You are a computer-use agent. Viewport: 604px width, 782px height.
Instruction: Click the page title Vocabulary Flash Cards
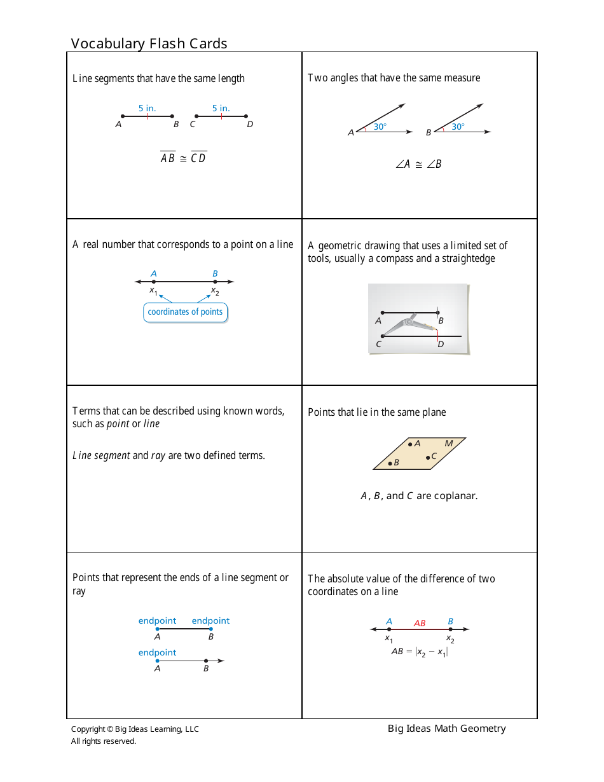point(149,43)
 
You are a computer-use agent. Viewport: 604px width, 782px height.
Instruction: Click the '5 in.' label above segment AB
point(147,108)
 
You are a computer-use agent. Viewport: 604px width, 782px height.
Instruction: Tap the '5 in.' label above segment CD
point(221,108)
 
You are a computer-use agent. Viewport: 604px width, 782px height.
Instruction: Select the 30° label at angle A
point(380,127)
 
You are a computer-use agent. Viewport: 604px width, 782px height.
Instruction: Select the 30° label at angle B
point(458,127)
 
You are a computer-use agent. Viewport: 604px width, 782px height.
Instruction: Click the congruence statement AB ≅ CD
point(183,158)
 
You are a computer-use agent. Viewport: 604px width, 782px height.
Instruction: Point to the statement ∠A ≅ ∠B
point(418,164)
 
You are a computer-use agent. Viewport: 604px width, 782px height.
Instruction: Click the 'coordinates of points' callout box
point(185,312)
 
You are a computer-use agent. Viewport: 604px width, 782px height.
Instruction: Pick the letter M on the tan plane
point(448,444)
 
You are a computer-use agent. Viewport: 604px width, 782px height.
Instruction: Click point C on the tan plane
point(429,457)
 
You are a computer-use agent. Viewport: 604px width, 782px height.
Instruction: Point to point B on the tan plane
point(390,463)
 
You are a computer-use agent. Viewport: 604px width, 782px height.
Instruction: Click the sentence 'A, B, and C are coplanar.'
point(419,496)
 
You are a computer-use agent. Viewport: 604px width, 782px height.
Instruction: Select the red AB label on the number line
point(420,623)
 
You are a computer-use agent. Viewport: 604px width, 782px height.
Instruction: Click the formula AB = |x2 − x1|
point(419,652)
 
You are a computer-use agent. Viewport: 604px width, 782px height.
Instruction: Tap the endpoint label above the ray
point(157,652)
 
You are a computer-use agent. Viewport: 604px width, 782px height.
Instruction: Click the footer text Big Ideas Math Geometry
point(446,729)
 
